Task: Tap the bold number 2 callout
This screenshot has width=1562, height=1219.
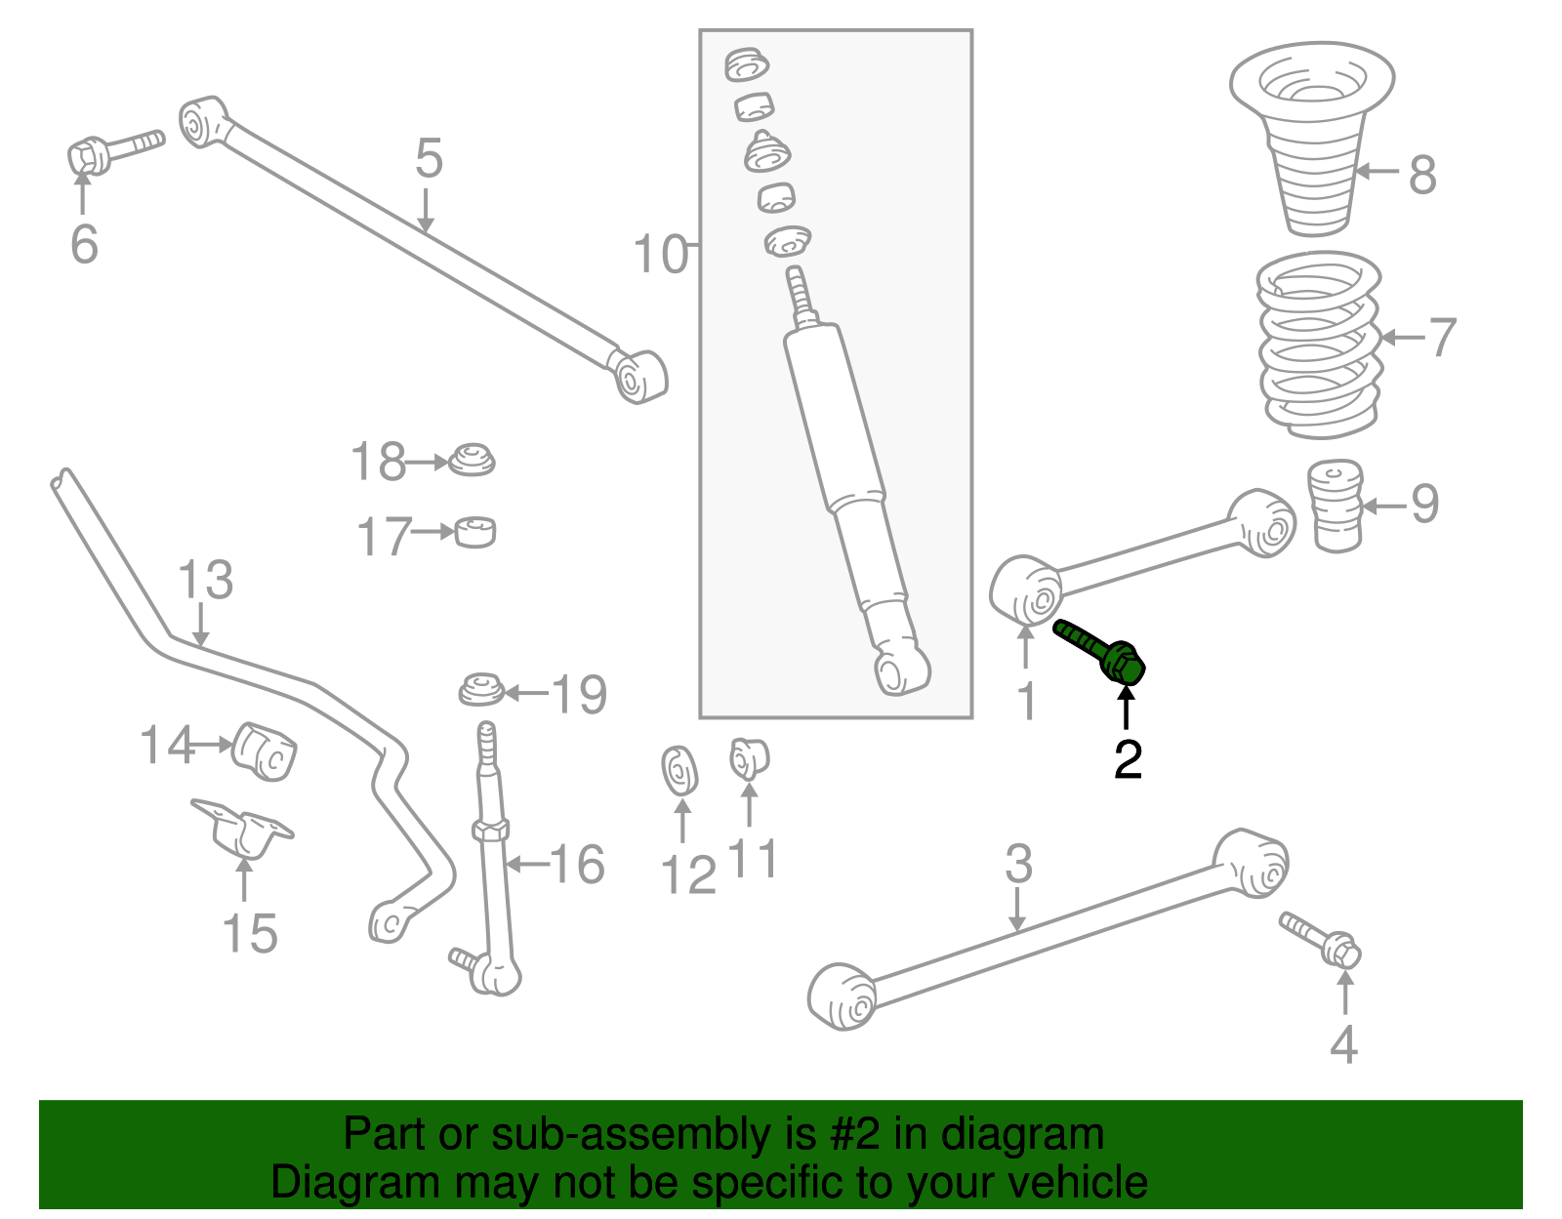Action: (1128, 759)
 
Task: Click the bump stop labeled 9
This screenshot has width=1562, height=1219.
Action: (1335, 506)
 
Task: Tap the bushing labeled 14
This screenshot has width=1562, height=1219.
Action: (265, 752)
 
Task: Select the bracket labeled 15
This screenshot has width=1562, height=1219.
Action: (242, 828)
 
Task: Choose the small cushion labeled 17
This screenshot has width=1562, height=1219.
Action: (475, 532)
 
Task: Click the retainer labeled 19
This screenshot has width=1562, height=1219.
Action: (481, 690)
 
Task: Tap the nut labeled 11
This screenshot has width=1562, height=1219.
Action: (749, 758)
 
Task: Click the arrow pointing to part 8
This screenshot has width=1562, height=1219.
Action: (1378, 172)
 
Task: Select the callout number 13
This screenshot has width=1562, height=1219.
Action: (205, 580)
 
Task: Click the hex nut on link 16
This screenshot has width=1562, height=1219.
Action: (489, 831)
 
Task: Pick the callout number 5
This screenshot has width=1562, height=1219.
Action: (429, 158)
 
